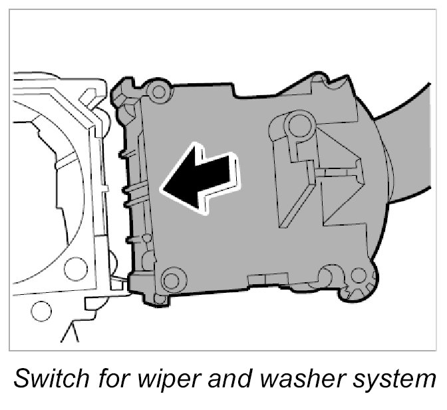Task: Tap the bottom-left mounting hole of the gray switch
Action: point(171,278)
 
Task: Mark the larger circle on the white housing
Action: point(77,268)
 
